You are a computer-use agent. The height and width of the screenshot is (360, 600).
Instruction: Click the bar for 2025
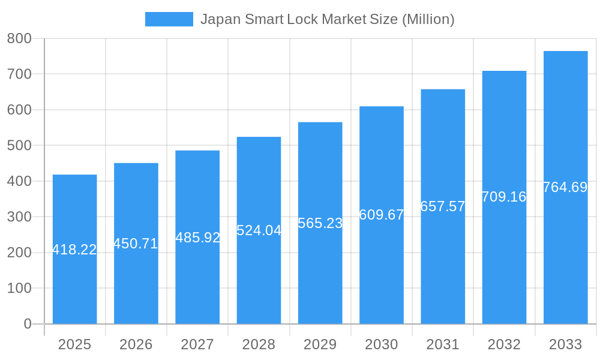click(x=74, y=282)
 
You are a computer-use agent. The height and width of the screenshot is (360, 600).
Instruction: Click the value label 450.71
click(x=136, y=244)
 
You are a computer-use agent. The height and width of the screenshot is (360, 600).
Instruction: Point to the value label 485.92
click(x=197, y=238)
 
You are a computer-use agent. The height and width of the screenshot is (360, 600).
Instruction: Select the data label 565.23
click(x=320, y=223)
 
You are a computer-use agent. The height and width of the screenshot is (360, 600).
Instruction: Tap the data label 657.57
click(x=443, y=206)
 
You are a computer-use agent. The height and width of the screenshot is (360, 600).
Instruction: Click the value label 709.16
click(x=504, y=197)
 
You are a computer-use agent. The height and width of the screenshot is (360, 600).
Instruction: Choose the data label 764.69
click(x=565, y=187)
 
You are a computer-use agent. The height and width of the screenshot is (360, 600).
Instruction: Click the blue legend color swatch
click(x=169, y=19)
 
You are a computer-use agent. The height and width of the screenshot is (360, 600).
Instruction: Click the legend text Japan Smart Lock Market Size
click(x=327, y=19)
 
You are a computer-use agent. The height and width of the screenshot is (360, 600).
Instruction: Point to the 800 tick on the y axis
click(x=19, y=38)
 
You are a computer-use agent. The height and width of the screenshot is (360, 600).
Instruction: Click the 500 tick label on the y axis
click(x=19, y=145)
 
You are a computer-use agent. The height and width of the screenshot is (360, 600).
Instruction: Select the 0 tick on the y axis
click(x=28, y=324)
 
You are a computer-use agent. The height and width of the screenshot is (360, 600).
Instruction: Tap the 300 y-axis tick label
click(x=19, y=217)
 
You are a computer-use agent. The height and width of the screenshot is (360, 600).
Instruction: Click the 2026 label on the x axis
click(x=136, y=344)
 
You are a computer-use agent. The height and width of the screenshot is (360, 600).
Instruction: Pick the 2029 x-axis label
click(x=320, y=344)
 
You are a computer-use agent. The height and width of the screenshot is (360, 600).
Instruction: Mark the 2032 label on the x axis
click(x=504, y=344)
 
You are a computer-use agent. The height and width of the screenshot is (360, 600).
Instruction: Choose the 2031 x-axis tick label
click(x=443, y=344)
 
